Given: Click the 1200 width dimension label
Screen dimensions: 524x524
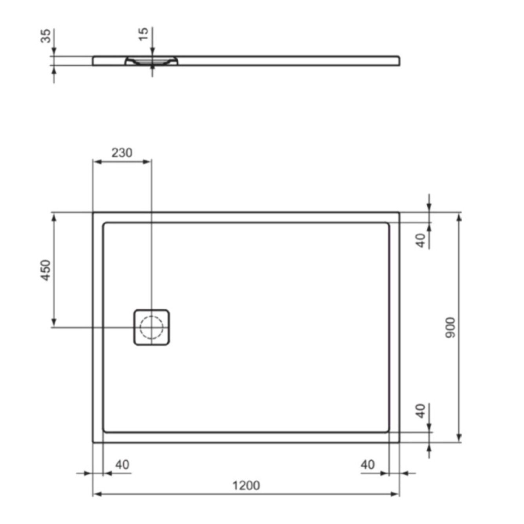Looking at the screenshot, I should point(246,486).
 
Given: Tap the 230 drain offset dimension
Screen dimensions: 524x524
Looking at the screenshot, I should point(122,152).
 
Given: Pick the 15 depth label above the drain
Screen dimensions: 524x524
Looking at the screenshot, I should point(144,34).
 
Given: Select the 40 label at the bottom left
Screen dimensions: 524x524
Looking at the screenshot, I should point(122,465).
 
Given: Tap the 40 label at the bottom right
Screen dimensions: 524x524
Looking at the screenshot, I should point(368,465).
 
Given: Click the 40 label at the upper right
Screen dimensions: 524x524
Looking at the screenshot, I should point(421,240).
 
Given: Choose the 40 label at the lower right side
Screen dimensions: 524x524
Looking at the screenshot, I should point(421,411).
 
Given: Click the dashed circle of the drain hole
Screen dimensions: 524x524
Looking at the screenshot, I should point(152,327).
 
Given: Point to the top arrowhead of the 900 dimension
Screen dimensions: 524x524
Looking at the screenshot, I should point(458,217).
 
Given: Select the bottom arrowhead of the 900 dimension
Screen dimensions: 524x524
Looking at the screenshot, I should point(458,438).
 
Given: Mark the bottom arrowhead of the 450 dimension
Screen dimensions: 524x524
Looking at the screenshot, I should point(54,323).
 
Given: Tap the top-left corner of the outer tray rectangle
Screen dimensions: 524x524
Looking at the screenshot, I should point(93,213).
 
